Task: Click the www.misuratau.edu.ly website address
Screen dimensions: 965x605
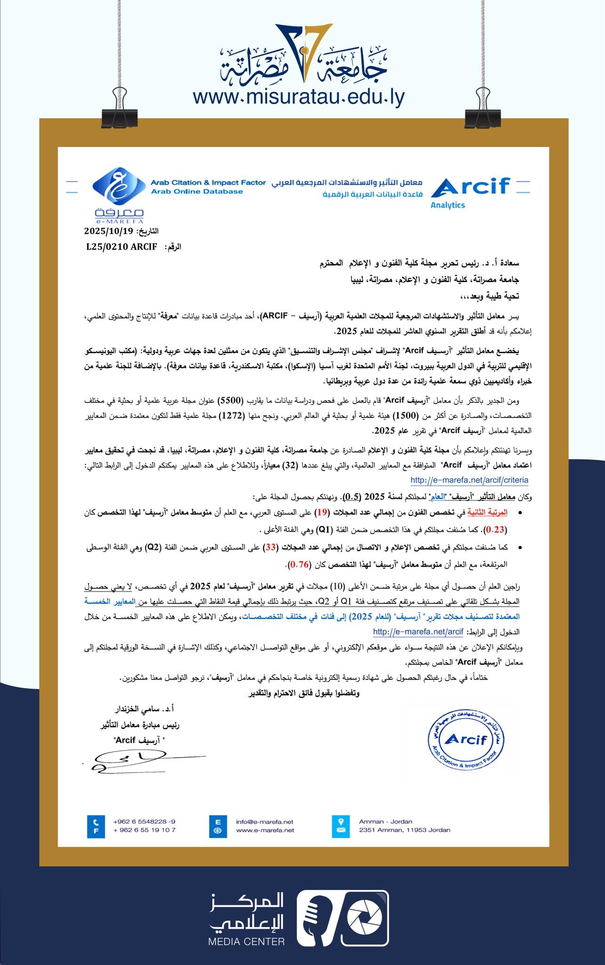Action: click(299, 98)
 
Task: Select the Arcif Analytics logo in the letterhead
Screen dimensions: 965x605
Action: click(470, 191)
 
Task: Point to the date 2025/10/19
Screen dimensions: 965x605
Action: click(109, 231)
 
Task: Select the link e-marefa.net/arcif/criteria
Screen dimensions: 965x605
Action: click(469, 480)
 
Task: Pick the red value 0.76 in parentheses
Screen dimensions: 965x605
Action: click(298, 564)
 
